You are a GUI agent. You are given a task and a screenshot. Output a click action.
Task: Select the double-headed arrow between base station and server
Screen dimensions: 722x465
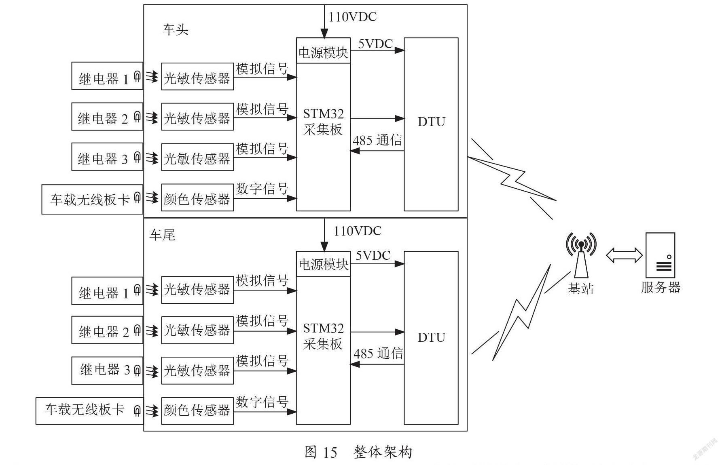(624, 255)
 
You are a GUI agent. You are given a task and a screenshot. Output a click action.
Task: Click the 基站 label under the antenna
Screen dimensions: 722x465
(580, 288)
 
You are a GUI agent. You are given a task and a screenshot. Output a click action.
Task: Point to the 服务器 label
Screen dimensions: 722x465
(661, 287)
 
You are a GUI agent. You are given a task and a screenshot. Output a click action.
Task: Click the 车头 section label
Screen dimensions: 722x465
(176, 29)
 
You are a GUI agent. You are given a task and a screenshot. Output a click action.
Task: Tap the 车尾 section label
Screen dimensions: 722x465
(162, 235)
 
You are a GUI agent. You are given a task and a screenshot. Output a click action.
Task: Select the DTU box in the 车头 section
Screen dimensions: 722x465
(431, 124)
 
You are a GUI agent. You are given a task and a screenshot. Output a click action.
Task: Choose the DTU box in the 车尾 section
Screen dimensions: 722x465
(431, 338)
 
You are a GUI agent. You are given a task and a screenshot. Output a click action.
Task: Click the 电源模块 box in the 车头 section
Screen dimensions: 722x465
(323, 50)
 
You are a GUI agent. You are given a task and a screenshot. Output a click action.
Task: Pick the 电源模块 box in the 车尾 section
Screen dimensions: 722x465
(323, 264)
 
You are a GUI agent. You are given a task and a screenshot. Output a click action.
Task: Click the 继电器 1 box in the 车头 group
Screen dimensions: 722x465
(107, 76)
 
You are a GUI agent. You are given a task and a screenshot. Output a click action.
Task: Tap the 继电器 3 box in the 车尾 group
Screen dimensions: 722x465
(107, 370)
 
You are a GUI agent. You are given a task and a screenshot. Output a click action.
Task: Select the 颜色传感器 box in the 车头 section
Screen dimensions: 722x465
(197, 198)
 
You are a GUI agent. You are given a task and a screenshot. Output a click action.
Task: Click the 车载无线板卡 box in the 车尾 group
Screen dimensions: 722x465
(90, 411)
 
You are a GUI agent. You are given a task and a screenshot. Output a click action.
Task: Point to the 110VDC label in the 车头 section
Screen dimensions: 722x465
(352, 17)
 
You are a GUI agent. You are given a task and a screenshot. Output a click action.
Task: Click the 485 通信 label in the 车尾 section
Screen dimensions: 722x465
(378, 353)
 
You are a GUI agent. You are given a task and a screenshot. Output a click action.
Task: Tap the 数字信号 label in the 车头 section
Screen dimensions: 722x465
(262, 189)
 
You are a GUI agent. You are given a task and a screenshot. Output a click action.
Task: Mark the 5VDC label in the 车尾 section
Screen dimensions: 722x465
(373, 255)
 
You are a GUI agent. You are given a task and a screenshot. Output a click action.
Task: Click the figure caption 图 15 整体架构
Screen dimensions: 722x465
(358, 452)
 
